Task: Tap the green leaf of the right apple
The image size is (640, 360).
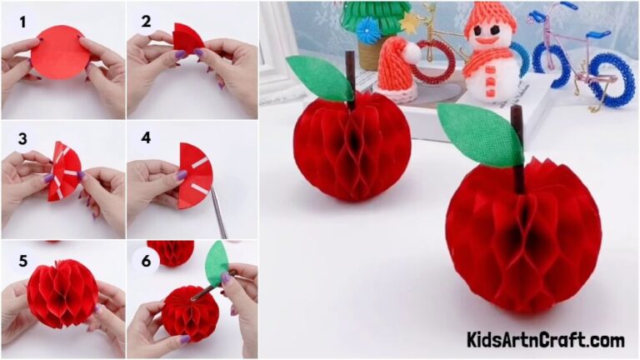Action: coord(478,132)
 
